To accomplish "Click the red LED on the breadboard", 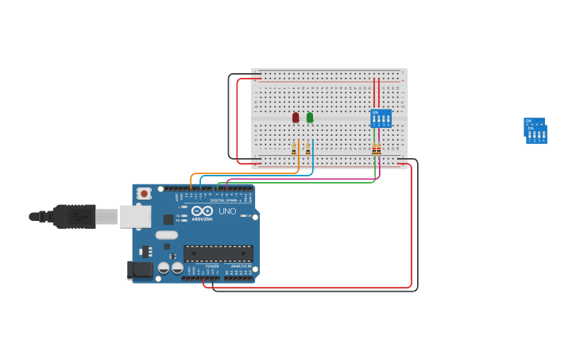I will (x=296, y=118).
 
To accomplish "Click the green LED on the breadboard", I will (x=310, y=118).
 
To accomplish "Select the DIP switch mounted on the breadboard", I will (x=381, y=118).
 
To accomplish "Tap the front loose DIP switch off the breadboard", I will (x=537, y=134).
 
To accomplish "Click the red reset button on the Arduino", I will (x=144, y=193).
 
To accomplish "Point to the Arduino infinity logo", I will (x=202, y=211).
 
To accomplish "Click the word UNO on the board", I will (x=227, y=211).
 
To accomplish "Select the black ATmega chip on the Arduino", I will (x=218, y=254).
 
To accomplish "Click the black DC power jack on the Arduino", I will (x=141, y=270).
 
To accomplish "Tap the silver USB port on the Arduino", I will (x=135, y=216).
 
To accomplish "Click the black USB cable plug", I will (x=75, y=216).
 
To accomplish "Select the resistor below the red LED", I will (x=294, y=149).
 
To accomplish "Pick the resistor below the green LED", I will (x=308, y=149).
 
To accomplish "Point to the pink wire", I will (x=302, y=179).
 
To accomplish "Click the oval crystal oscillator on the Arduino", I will (x=167, y=235).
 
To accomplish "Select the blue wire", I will (x=254, y=176).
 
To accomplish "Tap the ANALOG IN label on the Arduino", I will (x=241, y=266).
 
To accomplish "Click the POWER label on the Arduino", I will (x=212, y=266).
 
